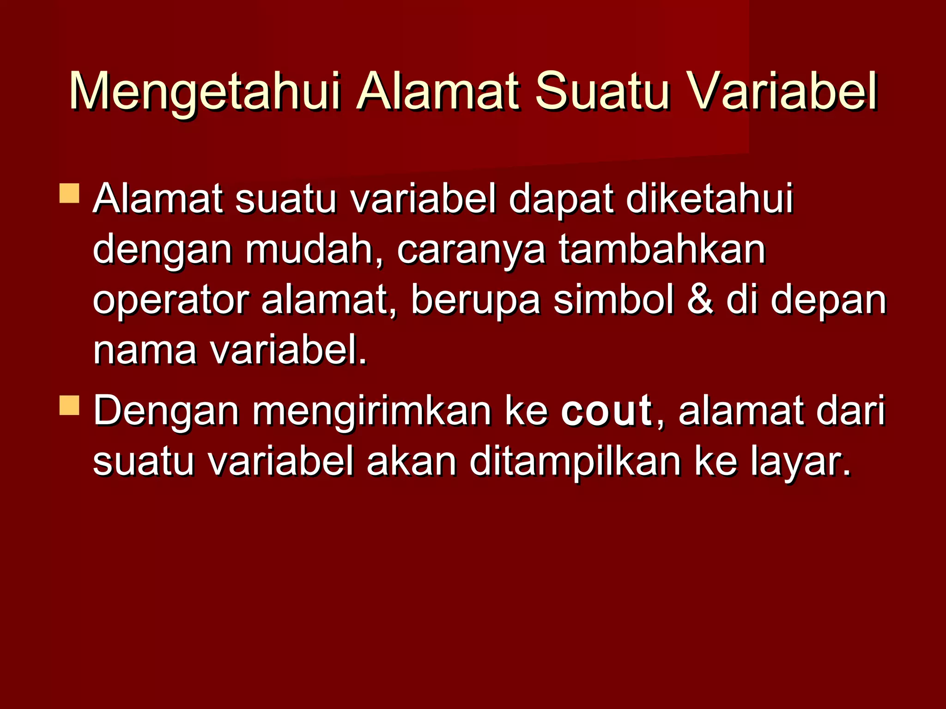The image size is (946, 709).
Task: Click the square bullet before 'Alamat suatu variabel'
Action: pyautogui.click(x=69, y=193)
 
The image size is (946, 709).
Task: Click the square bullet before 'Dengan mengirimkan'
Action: pyautogui.click(x=69, y=405)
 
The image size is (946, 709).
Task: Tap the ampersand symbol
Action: pyautogui.click(x=700, y=300)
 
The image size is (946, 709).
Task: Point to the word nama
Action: pyautogui.click(x=145, y=351)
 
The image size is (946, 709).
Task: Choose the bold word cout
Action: pyautogui.click(x=606, y=410)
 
